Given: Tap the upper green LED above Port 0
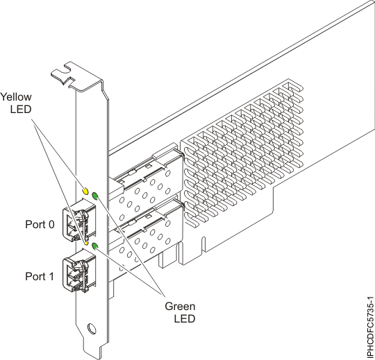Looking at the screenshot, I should [x=95, y=196].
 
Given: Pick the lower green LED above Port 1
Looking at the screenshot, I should [x=95, y=246].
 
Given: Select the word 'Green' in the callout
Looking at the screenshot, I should [x=179, y=306].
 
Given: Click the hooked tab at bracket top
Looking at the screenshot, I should [x=67, y=71].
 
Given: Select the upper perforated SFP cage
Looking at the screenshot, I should [x=149, y=184].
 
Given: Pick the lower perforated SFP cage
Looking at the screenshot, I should [x=149, y=236].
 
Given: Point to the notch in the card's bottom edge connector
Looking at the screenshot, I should [x=203, y=245].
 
